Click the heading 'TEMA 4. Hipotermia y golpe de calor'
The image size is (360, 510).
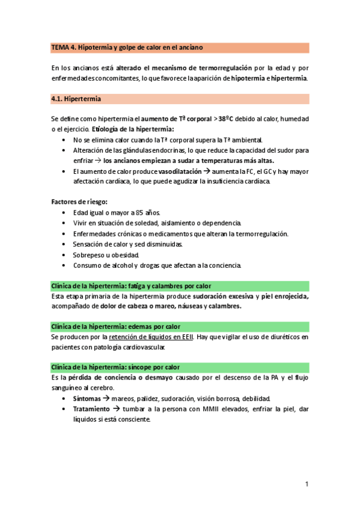127,47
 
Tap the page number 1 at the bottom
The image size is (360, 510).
307,484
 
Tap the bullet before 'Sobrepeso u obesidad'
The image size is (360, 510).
65,254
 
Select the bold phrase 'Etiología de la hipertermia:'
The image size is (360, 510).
133,129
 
